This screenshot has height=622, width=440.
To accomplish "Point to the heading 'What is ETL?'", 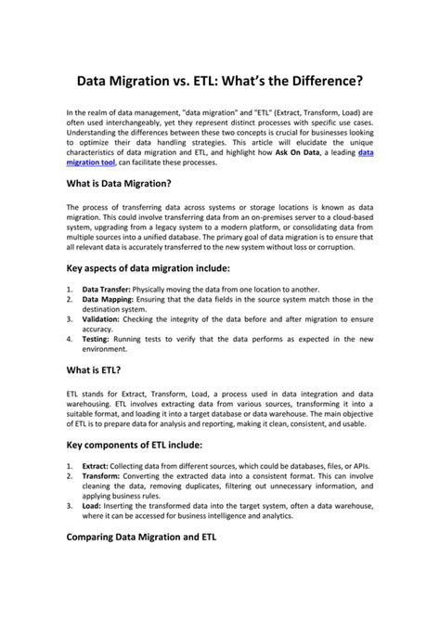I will click(95, 369).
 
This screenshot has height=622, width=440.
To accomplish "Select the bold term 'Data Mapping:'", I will click(109, 299).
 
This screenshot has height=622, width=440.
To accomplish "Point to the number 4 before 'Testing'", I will click(70, 338).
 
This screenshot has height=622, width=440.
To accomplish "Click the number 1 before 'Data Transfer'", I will click(70, 290).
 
